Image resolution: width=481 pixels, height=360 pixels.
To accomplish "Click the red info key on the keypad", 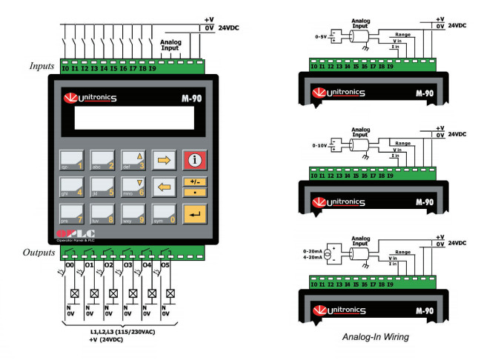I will point(193,159).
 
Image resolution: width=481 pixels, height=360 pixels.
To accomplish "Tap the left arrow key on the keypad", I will point(162,186).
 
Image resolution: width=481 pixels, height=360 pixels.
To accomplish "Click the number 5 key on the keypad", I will point(102,186).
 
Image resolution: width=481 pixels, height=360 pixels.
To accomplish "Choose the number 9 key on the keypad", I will point(132,213).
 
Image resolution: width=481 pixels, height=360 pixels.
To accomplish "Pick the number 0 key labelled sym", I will point(162,213).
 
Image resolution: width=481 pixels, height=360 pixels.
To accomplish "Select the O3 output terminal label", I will point(127,264).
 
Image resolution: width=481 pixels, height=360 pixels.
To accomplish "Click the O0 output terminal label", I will point(70,264).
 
